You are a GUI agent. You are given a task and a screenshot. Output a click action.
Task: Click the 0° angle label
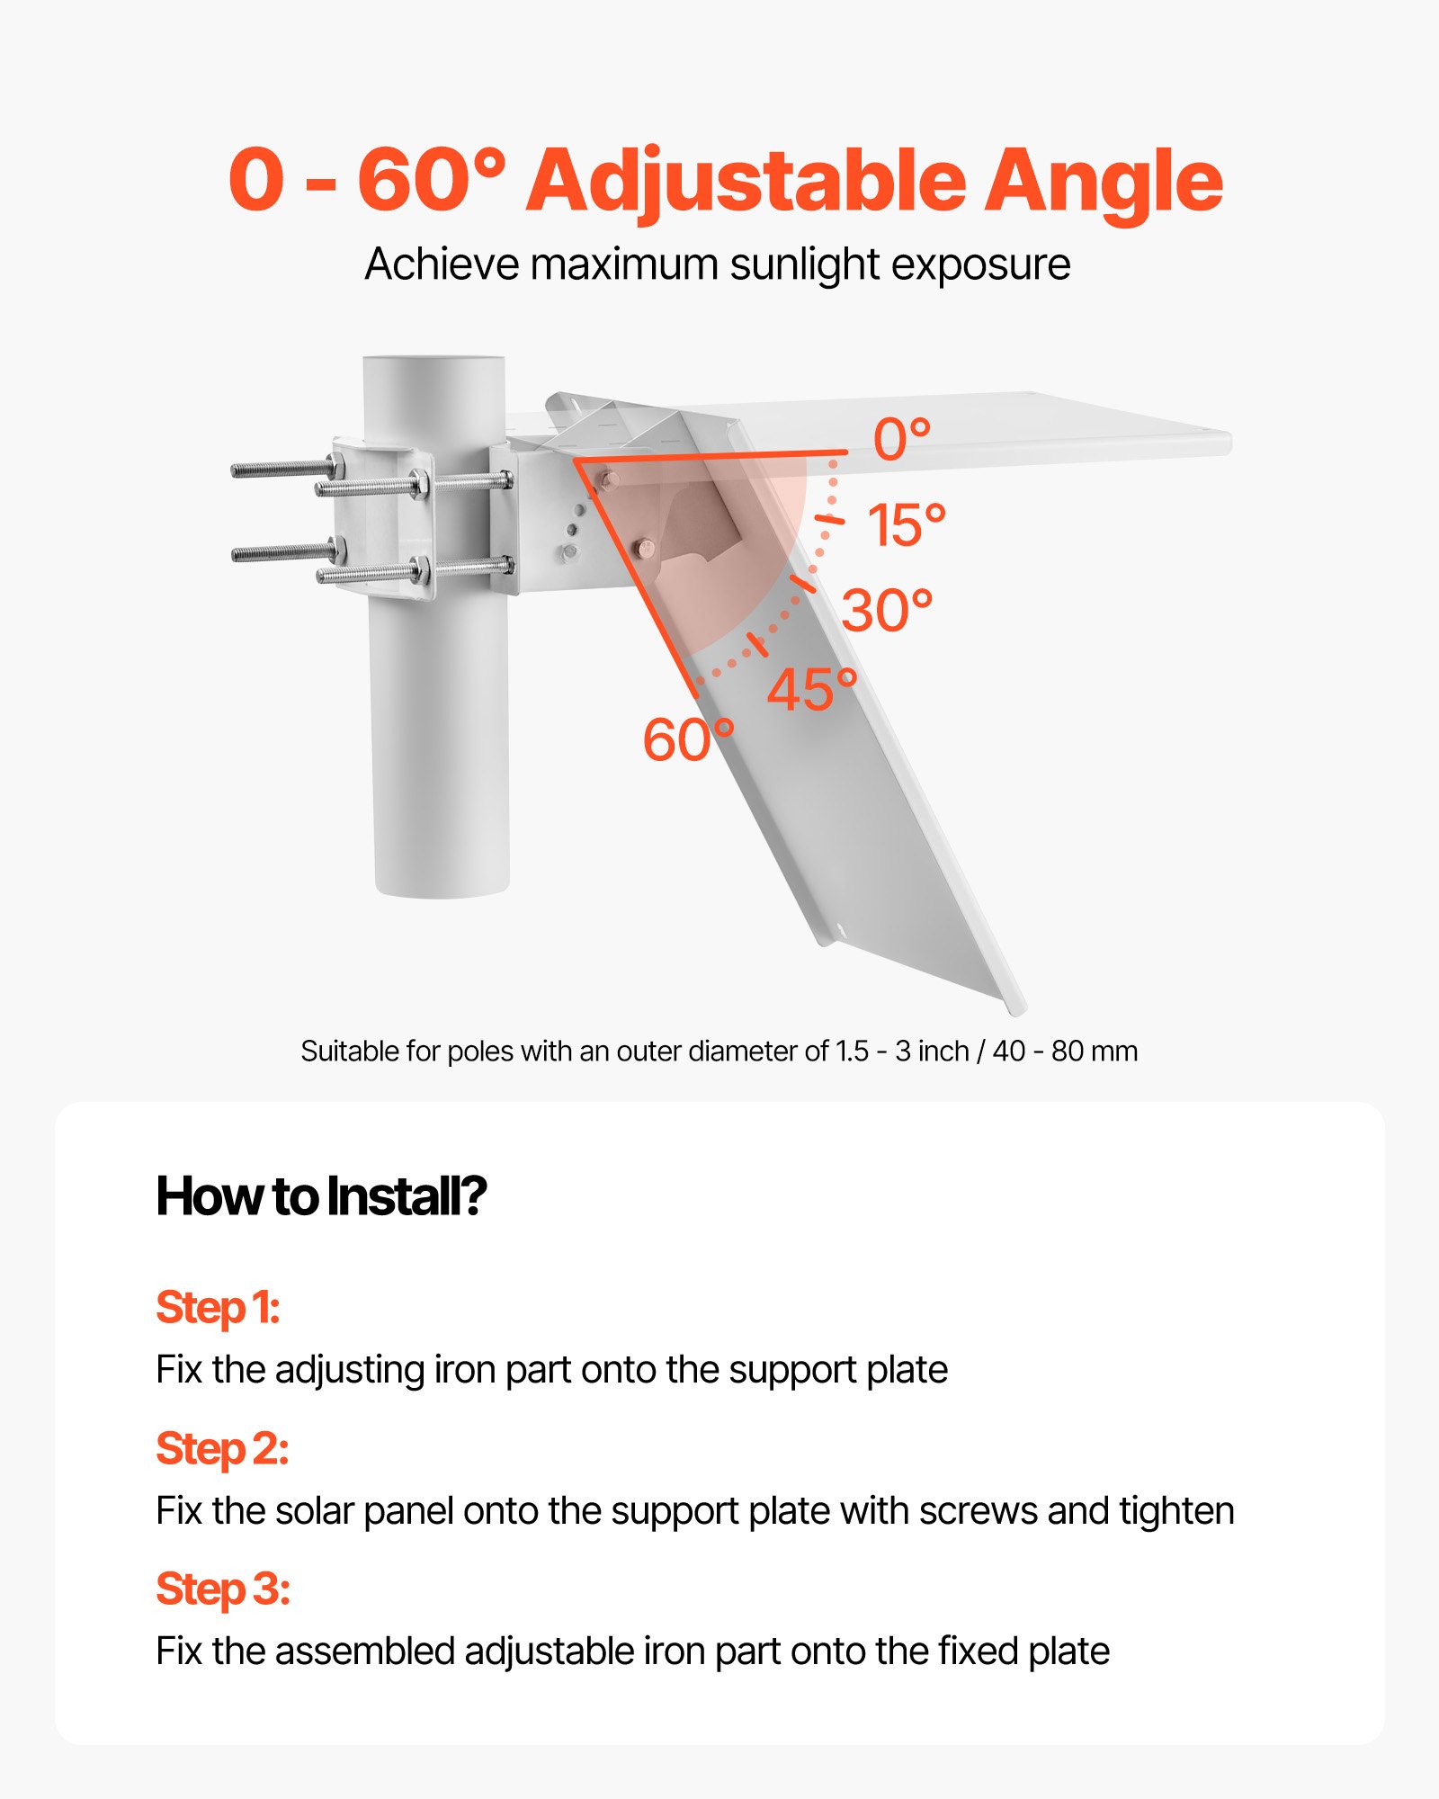point(901,440)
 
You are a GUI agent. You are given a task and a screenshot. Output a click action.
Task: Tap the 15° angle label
point(906,525)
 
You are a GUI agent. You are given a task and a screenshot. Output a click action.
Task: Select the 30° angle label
point(887,611)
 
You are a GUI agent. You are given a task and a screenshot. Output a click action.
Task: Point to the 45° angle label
point(811,690)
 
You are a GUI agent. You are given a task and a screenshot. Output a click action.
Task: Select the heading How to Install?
point(321,1196)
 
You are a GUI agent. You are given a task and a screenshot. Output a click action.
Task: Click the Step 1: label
point(218,1307)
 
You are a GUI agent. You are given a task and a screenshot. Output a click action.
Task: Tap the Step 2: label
point(222,1448)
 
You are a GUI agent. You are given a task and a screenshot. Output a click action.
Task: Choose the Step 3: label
point(223,1589)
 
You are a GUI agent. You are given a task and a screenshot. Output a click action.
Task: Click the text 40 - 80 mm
point(1065,1052)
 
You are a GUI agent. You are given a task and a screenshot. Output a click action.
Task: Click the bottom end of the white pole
point(442,891)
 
